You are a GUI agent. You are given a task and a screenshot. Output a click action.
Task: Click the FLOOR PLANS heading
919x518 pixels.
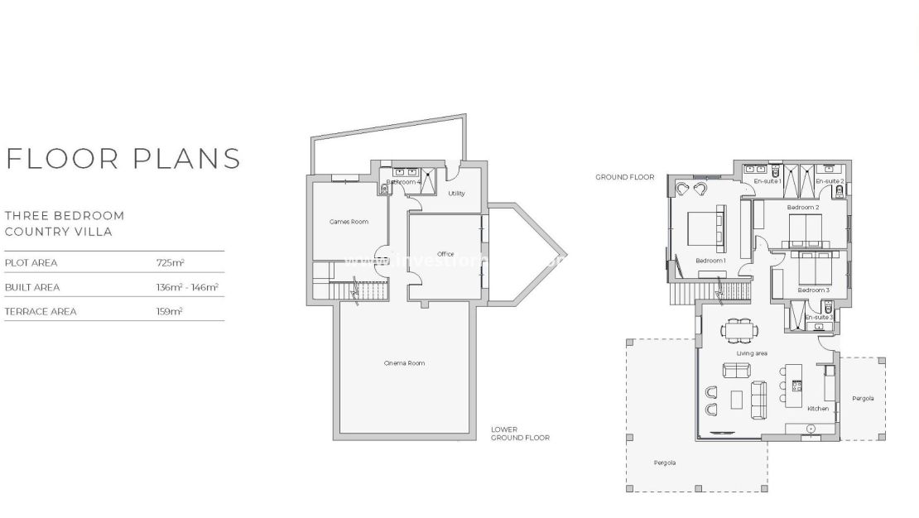click(123, 157)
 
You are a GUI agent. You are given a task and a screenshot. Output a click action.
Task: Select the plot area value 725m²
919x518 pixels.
click(170, 262)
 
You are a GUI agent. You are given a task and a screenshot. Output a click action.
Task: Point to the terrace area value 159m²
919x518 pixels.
click(169, 311)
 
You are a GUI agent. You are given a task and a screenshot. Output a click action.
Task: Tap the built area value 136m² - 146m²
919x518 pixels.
click(187, 287)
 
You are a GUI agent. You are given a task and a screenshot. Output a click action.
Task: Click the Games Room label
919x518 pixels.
click(349, 221)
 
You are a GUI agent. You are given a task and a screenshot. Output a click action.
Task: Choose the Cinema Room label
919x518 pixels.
click(404, 362)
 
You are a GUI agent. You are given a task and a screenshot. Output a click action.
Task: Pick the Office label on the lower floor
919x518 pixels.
click(445, 253)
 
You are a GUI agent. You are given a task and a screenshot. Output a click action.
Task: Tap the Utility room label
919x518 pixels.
click(456, 193)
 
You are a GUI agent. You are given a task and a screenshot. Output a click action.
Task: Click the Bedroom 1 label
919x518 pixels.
click(710, 261)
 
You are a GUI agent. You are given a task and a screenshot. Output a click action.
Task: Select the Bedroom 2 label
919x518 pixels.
click(802, 207)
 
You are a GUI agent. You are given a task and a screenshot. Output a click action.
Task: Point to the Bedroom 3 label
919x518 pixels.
click(813, 290)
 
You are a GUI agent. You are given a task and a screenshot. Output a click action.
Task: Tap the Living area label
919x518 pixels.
click(752, 353)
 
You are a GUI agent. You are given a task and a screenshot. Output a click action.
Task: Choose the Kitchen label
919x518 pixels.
click(817, 409)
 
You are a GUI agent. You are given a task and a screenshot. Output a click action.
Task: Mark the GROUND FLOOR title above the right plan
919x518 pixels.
click(624, 177)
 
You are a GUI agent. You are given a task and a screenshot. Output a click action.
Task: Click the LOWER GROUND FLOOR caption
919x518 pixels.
click(519, 434)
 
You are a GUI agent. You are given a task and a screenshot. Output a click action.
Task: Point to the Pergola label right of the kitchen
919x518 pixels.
click(862, 398)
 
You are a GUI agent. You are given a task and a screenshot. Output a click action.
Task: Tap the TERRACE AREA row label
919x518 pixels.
click(41, 311)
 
